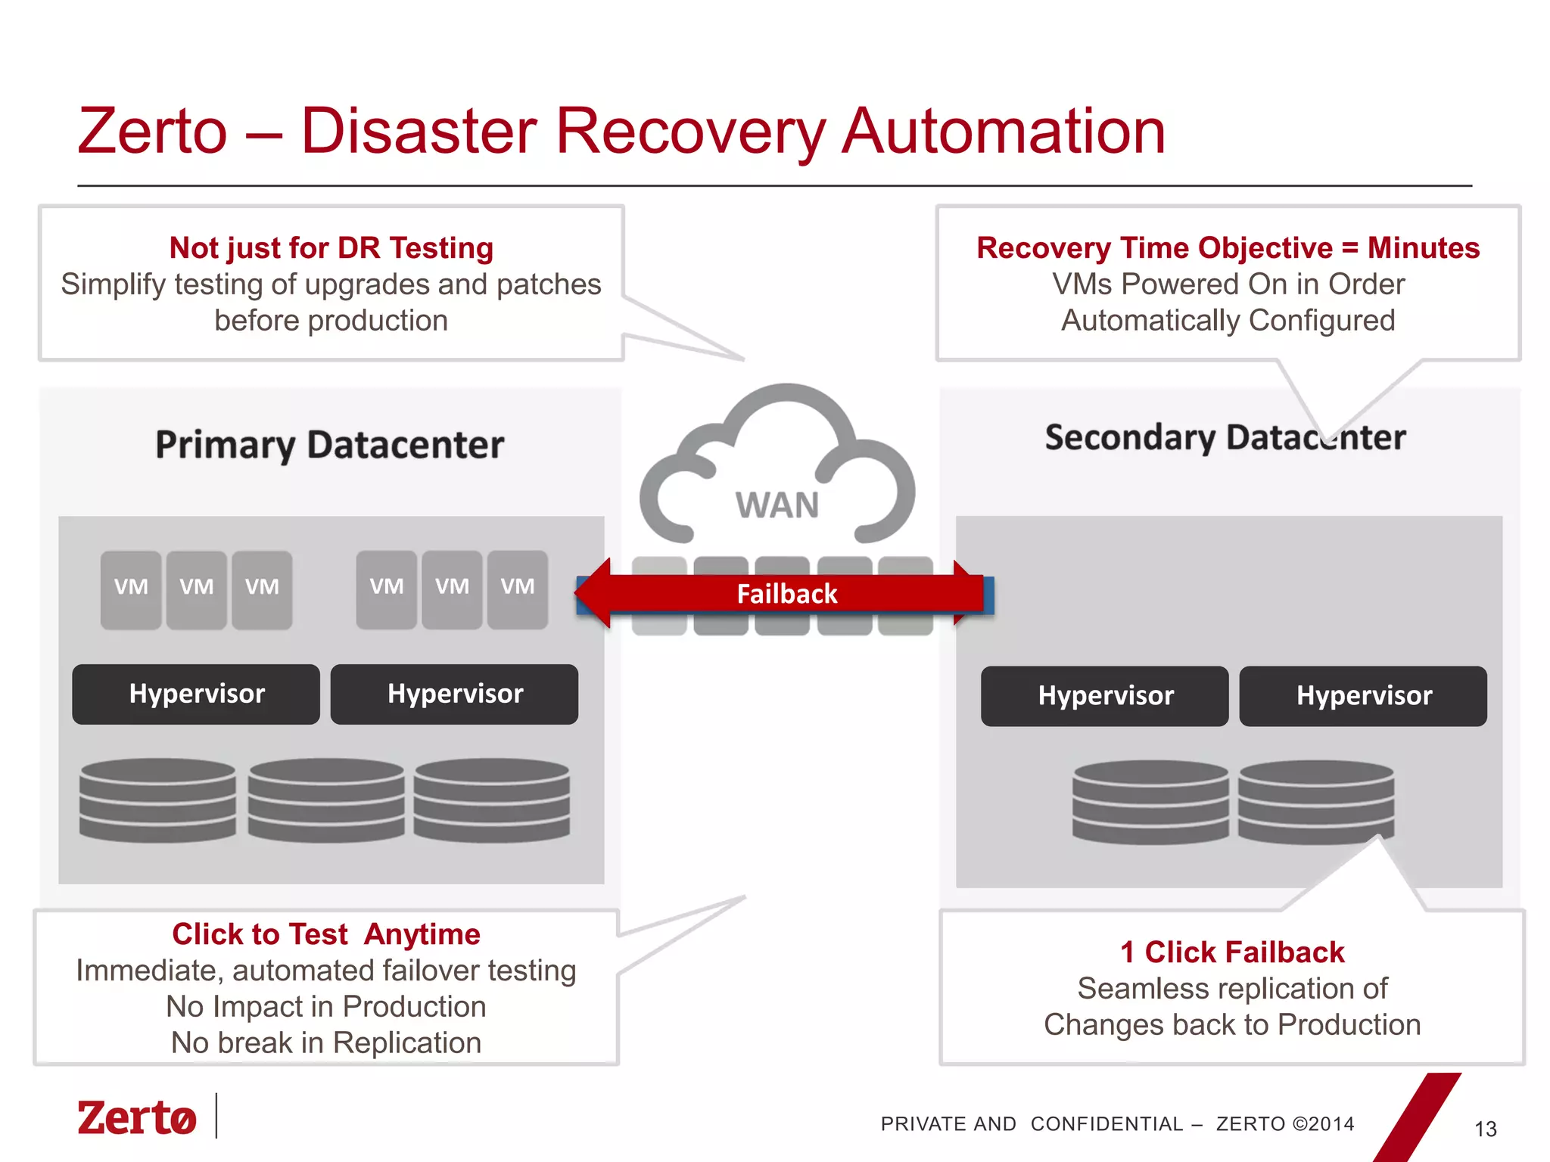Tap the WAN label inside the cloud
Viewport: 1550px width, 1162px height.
777,505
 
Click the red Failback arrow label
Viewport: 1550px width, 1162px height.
786,594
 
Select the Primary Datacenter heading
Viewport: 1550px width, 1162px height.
329,444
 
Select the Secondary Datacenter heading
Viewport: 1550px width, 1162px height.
1225,437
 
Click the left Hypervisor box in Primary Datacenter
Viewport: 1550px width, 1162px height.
196,694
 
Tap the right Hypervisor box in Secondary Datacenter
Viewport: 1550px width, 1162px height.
1363,696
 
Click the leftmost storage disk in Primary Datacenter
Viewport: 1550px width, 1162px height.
157,800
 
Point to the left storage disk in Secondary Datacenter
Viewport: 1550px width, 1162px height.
1150,802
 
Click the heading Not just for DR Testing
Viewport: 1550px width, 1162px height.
331,248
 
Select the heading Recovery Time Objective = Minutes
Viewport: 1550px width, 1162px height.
1228,248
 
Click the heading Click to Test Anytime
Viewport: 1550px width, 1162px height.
325,934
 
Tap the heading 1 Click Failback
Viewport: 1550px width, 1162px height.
1232,952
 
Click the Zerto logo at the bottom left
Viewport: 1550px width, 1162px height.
137,1117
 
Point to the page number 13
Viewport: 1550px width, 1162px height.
1485,1129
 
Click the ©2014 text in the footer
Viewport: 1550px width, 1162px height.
1324,1124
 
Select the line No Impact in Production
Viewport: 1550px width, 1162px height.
325,1007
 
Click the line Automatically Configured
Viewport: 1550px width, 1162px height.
1228,321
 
